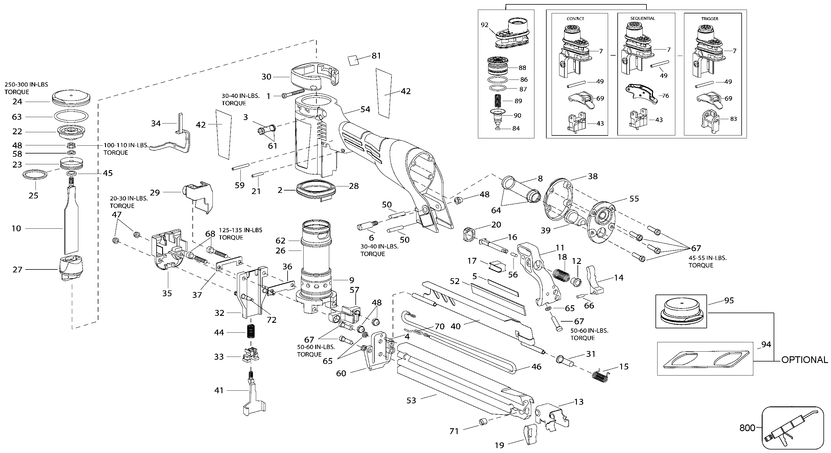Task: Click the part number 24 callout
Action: (x=17, y=102)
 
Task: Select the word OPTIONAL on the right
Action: (x=804, y=360)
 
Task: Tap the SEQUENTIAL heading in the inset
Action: (x=643, y=18)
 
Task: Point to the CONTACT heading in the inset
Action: (x=575, y=19)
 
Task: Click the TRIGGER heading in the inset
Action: (x=710, y=19)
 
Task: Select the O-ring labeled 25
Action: (x=36, y=175)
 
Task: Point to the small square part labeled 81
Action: (x=353, y=60)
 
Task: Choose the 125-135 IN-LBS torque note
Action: (x=240, y=234)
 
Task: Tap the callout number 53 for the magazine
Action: (x=411, y=400)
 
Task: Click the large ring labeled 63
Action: (x=71, y=116)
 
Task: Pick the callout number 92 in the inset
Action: (x=485, y=25)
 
